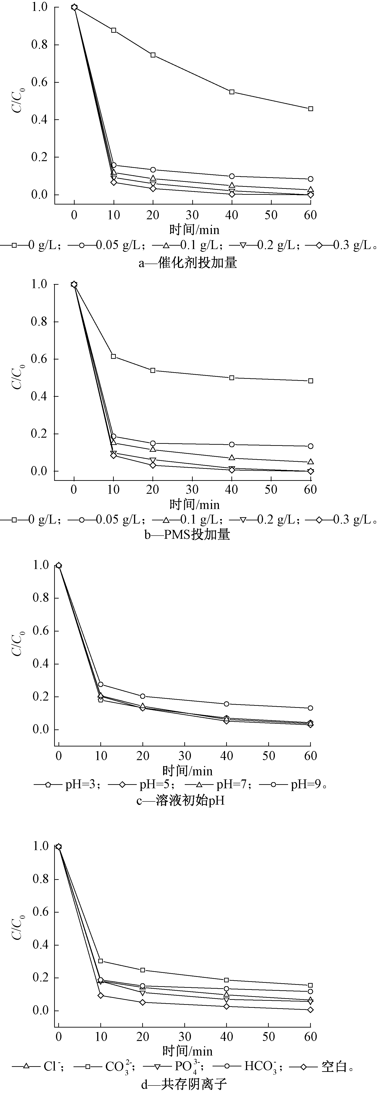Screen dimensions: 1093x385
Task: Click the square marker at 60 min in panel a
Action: pyautogui.click(x=311, y=109)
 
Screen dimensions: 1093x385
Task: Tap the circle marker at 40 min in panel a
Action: pyautogui.click(x=232, y=176)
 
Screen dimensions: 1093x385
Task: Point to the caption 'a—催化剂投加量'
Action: pyautogui.click(x=187, y=263)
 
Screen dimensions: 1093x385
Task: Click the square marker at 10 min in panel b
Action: pyautogui.click(x=114, y=356)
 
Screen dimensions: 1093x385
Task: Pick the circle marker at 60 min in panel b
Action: pyautogui.click(x=311, y=446)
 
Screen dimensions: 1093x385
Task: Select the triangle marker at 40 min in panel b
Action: pyautogui.click(x=232, y=457)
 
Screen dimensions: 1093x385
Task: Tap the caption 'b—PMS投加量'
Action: pyautogui.click(x=187, y=535)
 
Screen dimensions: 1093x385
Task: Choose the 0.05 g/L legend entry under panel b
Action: pyautogui.click(x=106, y=519)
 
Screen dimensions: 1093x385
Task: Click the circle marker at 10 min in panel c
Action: pyautogui.click(x=101, y=684)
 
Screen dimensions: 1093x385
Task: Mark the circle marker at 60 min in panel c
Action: pyautogui.click(x=311, y=708)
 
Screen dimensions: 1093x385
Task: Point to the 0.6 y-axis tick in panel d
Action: pyautogui.click(x=40, y=912)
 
